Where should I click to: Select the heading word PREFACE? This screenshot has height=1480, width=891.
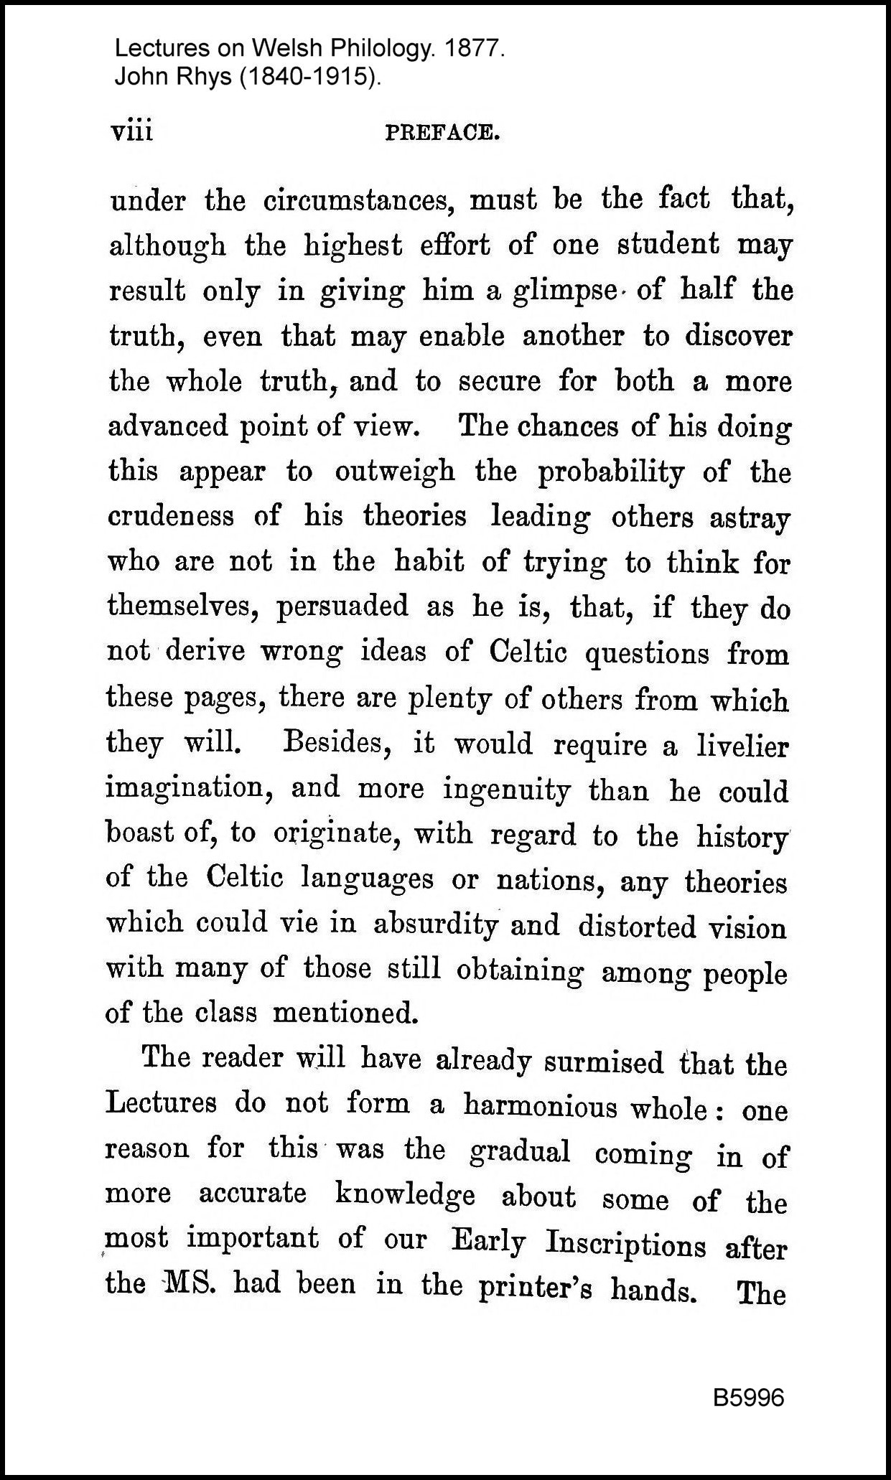coord(442,133)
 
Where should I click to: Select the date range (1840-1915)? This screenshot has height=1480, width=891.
coord(309,76)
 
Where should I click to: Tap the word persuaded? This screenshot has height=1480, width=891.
coord(342,607)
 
